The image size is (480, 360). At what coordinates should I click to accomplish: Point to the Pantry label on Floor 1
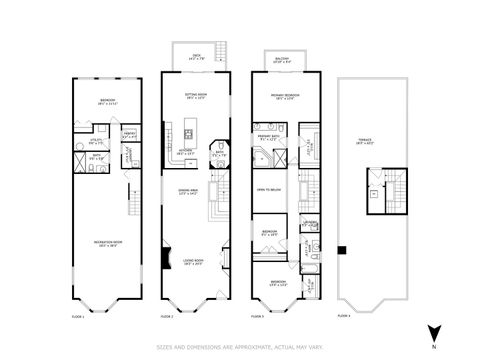coord(129,133)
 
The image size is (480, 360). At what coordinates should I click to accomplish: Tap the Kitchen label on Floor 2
coord(186,153)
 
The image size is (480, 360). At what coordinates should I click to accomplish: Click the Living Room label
coord(192,263)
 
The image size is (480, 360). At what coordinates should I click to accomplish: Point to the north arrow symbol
coord(433,329)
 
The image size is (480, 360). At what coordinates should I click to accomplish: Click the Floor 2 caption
coord(166,314)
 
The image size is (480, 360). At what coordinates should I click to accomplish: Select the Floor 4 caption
coord(345,314)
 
